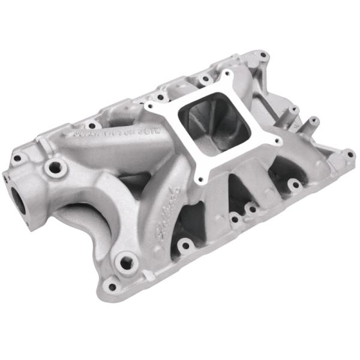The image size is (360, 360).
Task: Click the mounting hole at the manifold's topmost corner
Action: coord(262,55)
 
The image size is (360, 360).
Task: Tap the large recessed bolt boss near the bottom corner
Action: coord(126,262)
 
